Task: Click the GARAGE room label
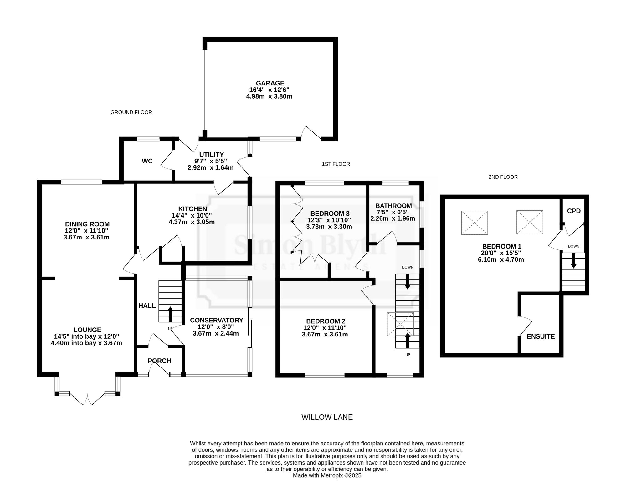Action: tap(270, 83)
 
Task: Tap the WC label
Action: tap(147, 161)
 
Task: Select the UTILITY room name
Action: tap(212, 155)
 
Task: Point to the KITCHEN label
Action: tap(192, 209)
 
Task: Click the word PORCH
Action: tap(159, 361)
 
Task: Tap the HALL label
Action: tap(147, 306)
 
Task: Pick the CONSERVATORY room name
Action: tap(217, 320)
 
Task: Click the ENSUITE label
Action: tap(541, 336)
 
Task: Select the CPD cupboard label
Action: tap(574, 211)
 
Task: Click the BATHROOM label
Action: tap(393, 206)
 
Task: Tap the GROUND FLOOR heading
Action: tap(131, 112)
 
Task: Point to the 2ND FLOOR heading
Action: tap(503, 177)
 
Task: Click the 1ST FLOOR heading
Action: tap(336, 164)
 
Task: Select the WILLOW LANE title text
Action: tap(327, 417)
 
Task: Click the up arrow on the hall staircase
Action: tap(170, 314)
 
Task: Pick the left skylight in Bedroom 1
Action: tap(475, 223)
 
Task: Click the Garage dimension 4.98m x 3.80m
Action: tap(269, 96)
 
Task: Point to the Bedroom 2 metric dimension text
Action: tap(325, 334)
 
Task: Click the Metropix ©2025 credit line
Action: tap(327, 484)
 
